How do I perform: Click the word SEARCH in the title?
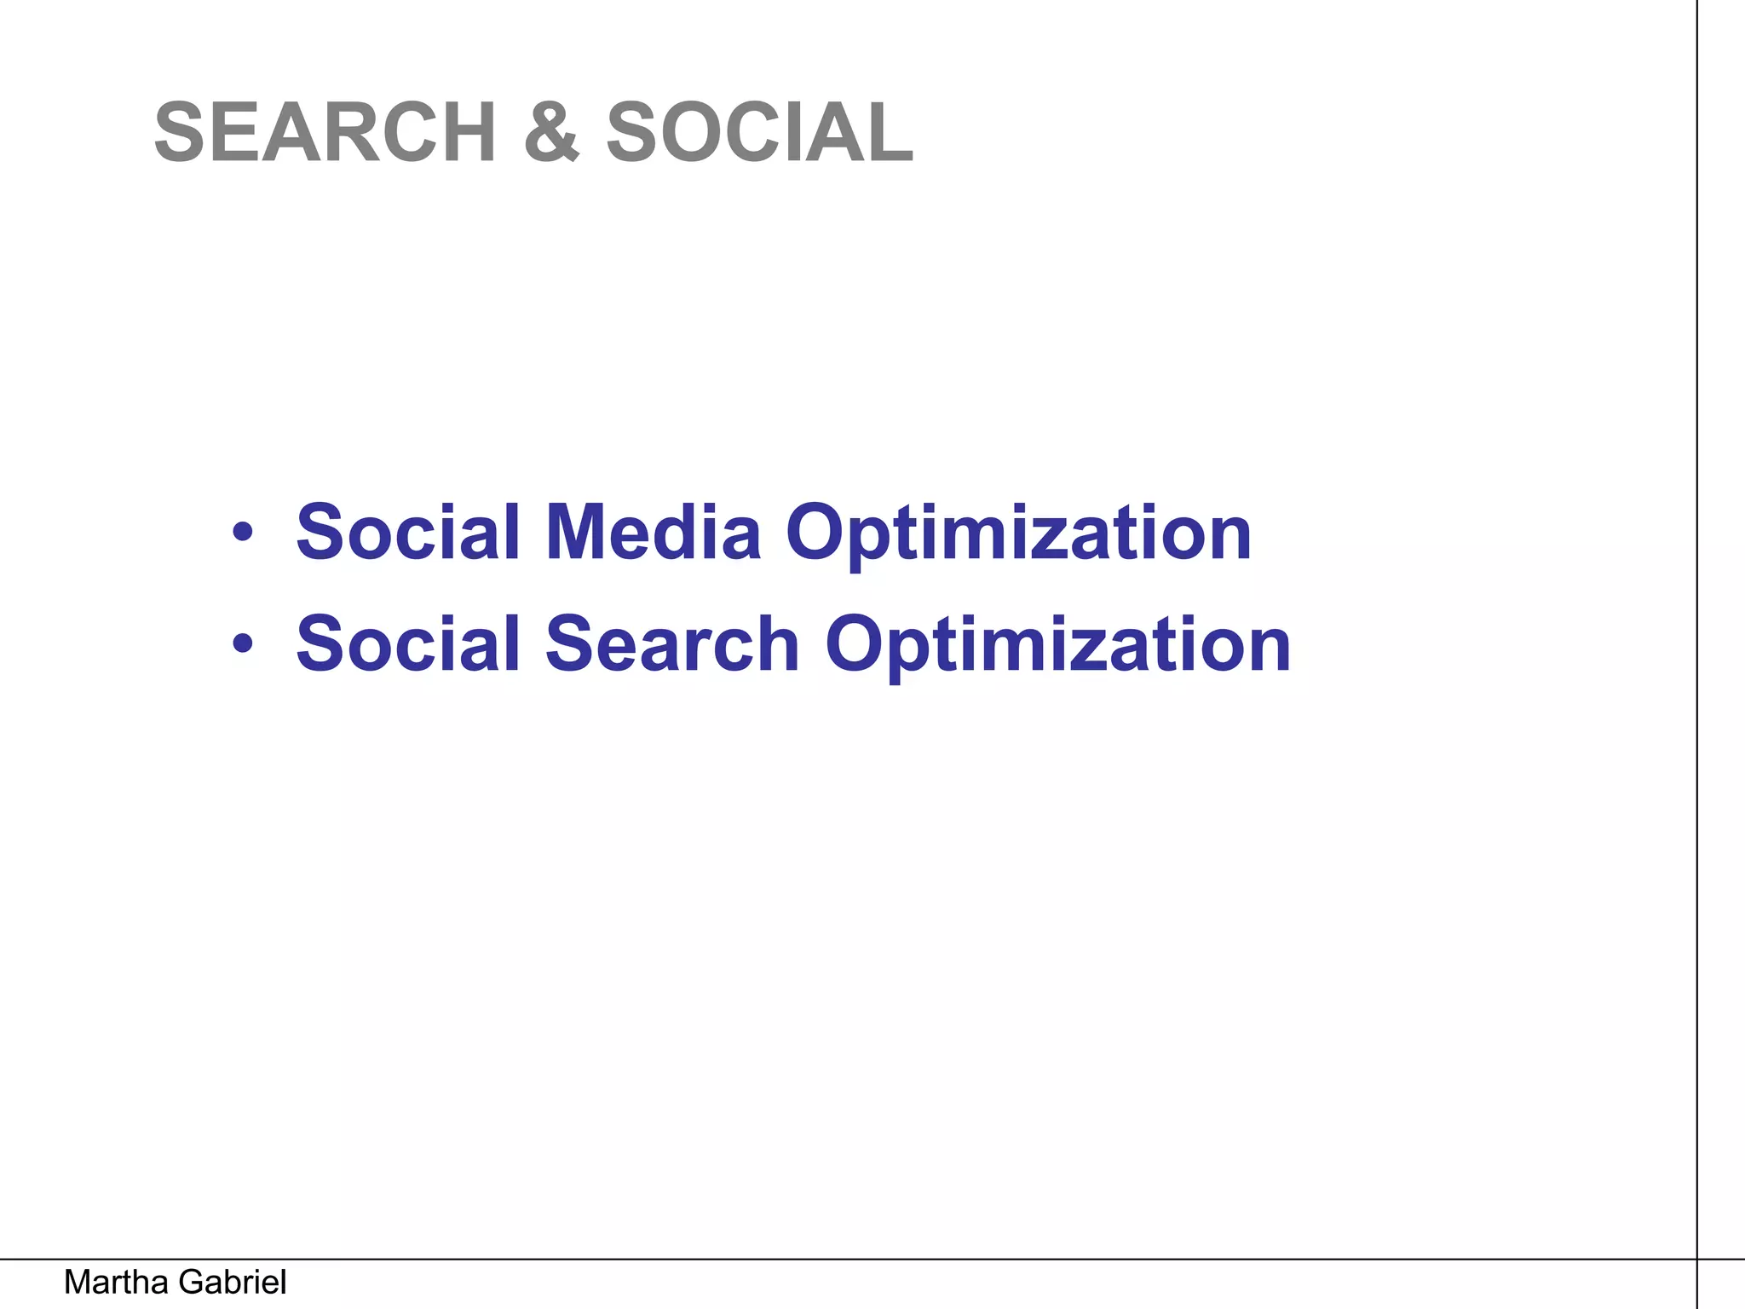325,132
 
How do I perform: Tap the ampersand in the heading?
551,132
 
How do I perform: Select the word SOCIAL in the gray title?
759,132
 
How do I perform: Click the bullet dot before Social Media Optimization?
243,533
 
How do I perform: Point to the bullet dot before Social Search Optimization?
243,644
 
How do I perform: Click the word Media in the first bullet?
653,533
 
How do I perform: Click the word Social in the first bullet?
408,533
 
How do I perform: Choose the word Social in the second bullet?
408,644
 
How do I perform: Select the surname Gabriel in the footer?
233,1283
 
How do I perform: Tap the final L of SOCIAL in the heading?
890,132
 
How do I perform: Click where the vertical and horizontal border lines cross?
1697,1259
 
